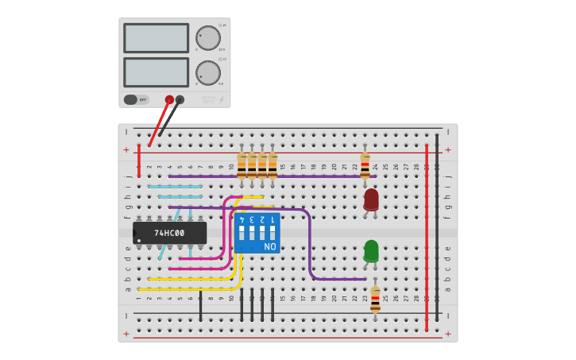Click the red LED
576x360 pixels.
(x=371, y=199)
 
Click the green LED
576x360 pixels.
(x=371, y=250)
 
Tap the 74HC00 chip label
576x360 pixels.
(x=169, y=233)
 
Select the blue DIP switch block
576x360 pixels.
(x=257, y=233)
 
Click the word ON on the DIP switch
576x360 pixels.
(x=270, y=247)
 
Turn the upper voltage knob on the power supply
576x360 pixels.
(x=208, y=37)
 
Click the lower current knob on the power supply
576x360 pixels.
(x=208, y=72)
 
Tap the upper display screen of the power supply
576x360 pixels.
(x=156, y=37)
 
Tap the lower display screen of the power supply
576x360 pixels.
(x=156, y=72)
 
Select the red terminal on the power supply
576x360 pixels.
(x=169, y=99)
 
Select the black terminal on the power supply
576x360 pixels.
(x=180, y=99)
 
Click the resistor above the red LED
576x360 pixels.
(x=365, y=167)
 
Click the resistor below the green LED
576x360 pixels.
(x=375, y=300)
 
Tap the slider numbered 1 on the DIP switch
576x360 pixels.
(x=273, y=233)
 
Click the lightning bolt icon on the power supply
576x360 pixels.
(x=221, y=100)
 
